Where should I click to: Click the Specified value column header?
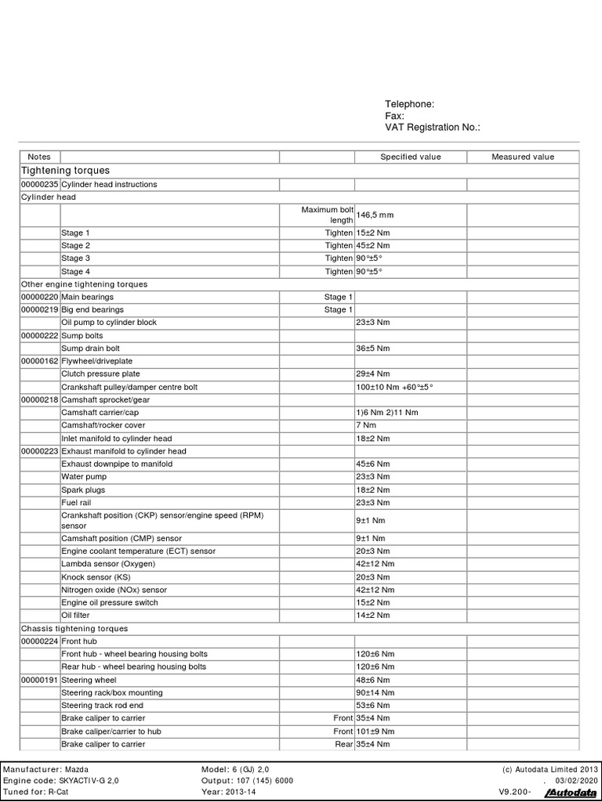[410, 157]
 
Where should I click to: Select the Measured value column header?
[522, 157]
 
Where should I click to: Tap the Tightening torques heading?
[65, 170]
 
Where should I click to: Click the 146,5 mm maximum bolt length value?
[375, 214]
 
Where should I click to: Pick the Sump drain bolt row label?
[91, 349]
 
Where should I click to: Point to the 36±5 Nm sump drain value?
[373, 349]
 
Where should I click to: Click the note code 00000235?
[40, 185]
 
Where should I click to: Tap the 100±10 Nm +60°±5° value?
[395, 387]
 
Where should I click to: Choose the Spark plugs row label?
[83, 490]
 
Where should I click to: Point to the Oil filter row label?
[77, 616]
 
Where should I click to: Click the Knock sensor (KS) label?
[96, 577]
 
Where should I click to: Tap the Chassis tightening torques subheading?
[74, 628]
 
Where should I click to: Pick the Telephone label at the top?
[409, 104]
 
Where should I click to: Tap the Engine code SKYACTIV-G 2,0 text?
[62, 781]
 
